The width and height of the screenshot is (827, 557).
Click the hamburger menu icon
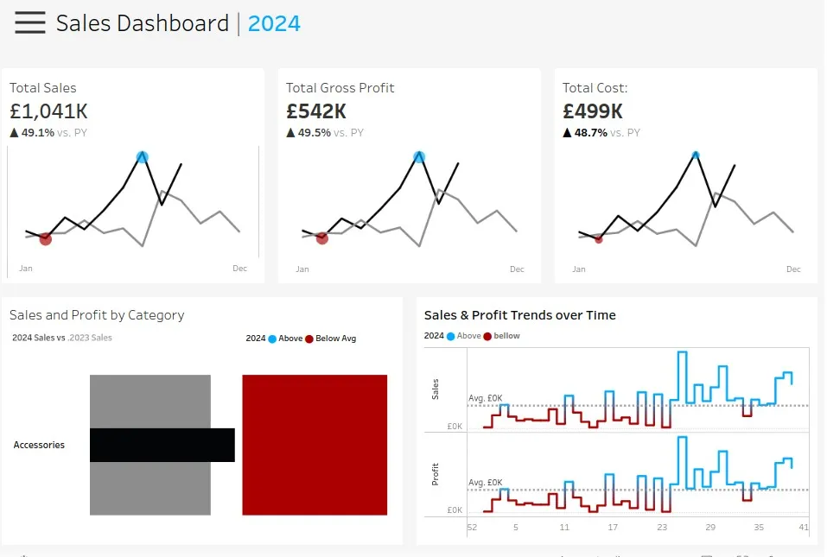[x=30, y=23]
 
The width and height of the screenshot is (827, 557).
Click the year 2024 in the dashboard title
[x=274, y=23]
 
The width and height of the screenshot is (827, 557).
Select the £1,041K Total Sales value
[x=48, y=111]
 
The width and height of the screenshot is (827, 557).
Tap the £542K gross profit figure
[x=316, y=111]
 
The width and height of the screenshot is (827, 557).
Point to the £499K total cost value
[x=593, y=111]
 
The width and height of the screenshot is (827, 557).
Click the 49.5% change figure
[x=314, y=133]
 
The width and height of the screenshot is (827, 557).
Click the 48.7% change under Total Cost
[x=590, y=133]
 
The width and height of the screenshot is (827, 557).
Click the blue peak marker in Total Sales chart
[x=143, y=157]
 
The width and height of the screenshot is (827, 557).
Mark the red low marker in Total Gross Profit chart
[x=322, y=238]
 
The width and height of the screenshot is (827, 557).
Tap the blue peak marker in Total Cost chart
[x=695, y=155]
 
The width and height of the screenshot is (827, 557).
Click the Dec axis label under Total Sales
[x=239, y=269]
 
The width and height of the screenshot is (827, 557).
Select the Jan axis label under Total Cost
[x=578, y=269]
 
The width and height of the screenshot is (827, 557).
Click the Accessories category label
[x=39, y=446]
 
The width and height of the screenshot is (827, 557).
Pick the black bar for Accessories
[x=162, y=445]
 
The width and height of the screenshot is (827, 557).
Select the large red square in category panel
[x=315, y=445]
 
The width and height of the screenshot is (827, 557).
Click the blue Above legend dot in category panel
[x=272, y=339]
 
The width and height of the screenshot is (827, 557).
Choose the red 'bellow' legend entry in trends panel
[x=501, y=336]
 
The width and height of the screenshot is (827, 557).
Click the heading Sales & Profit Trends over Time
[x=519, y=315]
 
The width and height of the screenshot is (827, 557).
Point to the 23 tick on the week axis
[x=662, y=527]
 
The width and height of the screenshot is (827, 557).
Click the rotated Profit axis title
[x=436, y=474]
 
